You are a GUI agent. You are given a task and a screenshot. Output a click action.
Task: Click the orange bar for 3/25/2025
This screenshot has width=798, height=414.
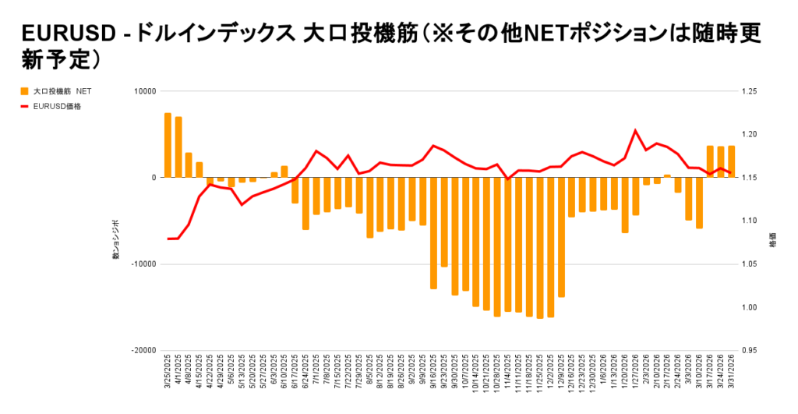point(168,145)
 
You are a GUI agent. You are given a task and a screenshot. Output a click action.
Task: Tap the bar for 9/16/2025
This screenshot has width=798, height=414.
point(433,233)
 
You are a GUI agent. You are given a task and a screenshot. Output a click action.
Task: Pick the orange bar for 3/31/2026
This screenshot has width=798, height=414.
point(731,161)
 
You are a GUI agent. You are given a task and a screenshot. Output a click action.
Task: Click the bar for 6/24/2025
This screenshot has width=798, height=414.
point(305,203)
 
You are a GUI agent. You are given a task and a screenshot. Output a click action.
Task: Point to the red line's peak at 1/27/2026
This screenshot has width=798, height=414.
point(635,130)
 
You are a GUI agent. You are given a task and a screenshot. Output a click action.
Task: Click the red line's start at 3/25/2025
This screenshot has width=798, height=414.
point(168,239)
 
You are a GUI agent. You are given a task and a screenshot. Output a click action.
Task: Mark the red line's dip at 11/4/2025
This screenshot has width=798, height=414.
point(508,179)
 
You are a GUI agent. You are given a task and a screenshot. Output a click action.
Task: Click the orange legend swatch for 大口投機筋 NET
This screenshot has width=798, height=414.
point(25,91)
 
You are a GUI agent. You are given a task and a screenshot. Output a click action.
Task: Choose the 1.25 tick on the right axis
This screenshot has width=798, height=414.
point(750,91)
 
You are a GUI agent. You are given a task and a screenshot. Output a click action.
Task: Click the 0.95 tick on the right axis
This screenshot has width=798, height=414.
point(750,351)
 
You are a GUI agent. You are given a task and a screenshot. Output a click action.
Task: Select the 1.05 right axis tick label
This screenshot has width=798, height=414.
point(750,264)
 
